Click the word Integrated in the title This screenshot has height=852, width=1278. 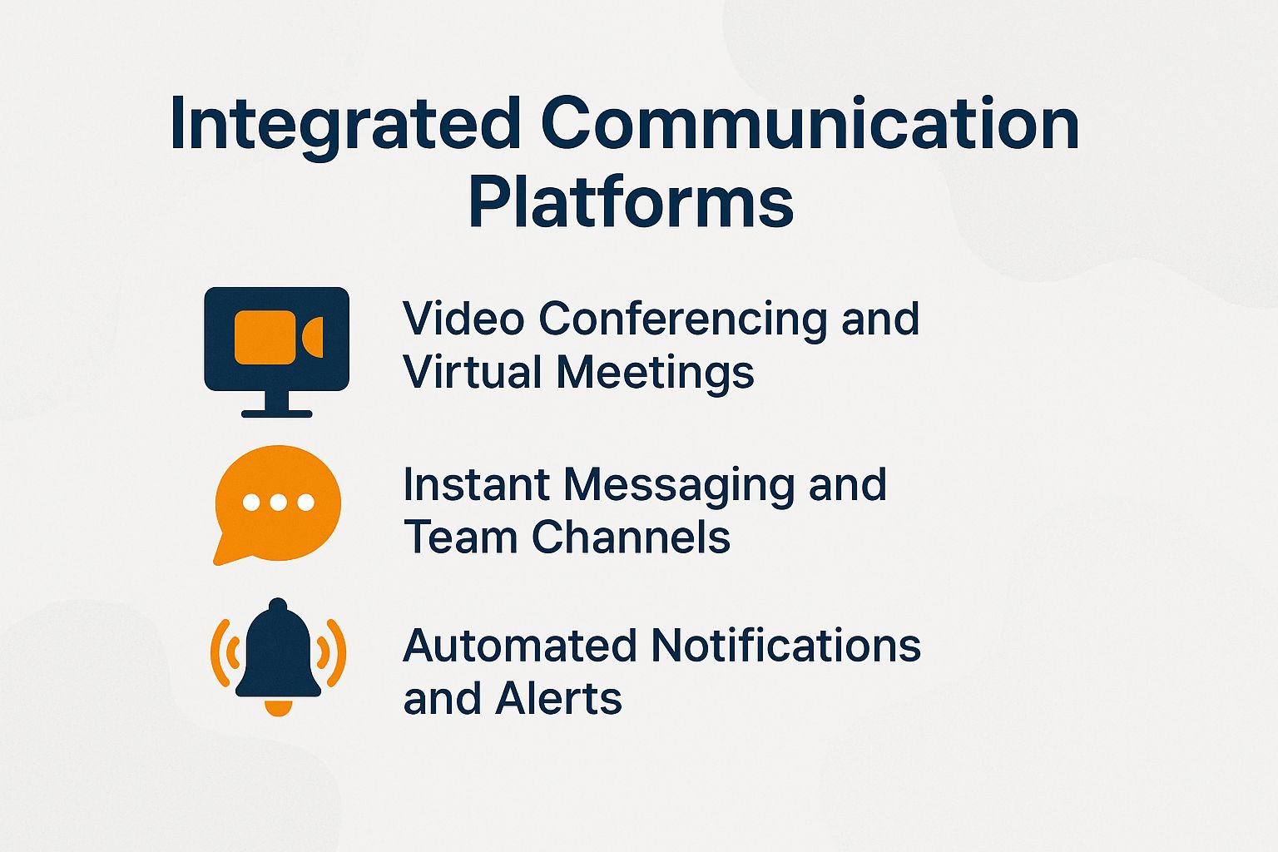pos(344,125)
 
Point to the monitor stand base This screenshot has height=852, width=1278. pos(277,413)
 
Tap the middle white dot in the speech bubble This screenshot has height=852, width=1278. pos(278,503)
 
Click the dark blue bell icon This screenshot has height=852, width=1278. pos(278,653)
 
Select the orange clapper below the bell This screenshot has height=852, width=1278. pos(278,708)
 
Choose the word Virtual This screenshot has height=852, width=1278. pos(472,372)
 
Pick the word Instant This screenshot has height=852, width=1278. pos(476,484)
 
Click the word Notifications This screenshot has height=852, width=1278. pos(786,646)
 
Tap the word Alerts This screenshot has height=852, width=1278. pos(558,699)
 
